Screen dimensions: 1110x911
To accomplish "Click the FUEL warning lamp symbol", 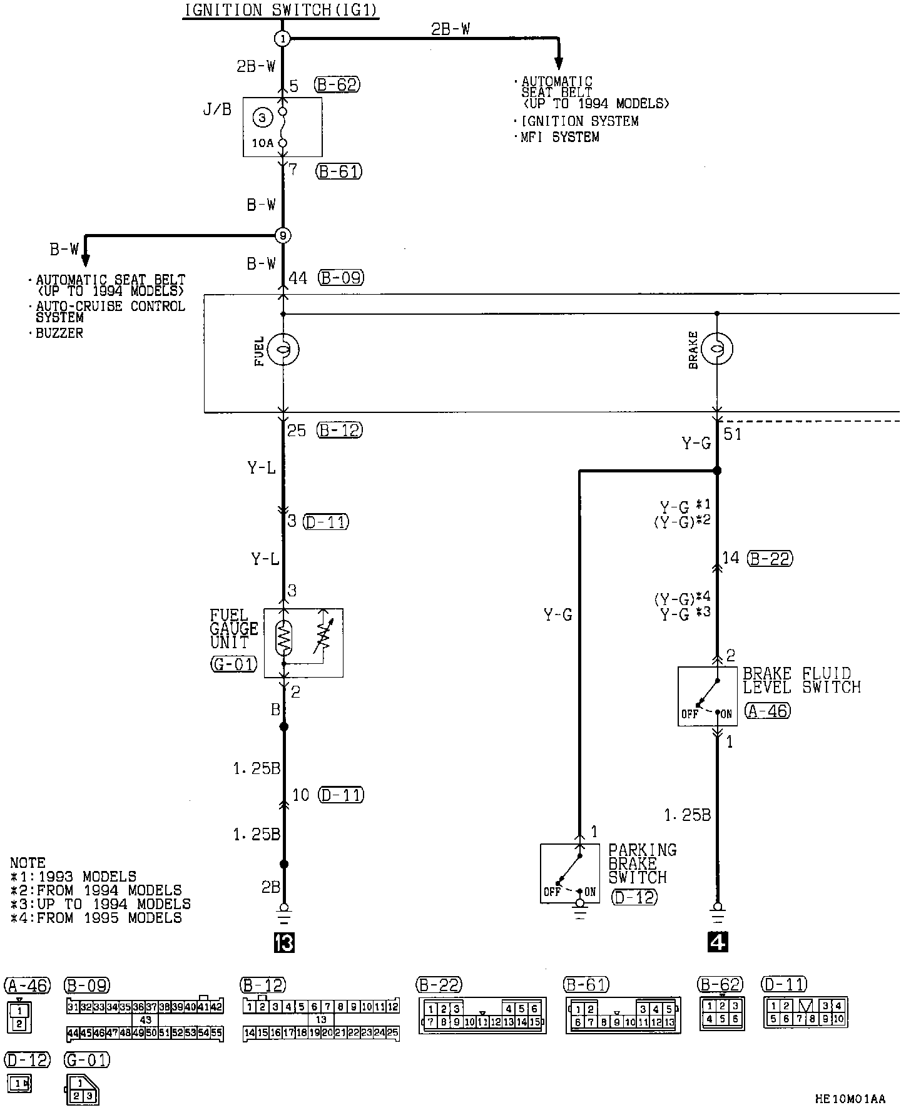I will coord(283,349).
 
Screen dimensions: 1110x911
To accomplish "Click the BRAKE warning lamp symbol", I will coord(717,349).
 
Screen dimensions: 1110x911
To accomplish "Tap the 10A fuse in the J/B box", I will coord(282,128).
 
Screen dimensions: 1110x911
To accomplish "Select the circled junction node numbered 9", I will coord(283,236).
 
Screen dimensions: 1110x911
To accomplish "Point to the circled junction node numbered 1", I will coord(283,39).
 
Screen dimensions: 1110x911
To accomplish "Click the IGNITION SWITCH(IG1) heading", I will coord(281,11).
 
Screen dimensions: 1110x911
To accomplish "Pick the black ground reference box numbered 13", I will coord(283,942).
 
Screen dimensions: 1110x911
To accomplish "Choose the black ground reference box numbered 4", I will coord(718,942).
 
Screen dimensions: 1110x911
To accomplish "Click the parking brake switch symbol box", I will coord(569,873).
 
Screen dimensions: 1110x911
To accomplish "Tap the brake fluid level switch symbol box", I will coord(707,696).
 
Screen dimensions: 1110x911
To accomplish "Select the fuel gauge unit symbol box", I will coord(303,643).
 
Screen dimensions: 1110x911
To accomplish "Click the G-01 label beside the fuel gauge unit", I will coord(233,664).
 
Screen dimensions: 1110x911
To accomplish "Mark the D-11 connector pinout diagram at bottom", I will coord(806,1012).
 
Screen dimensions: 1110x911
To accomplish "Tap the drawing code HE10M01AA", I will coord(850,1099).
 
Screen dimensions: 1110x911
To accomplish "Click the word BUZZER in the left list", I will coord(59,334).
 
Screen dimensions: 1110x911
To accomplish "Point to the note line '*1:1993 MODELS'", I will coord(73,877).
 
